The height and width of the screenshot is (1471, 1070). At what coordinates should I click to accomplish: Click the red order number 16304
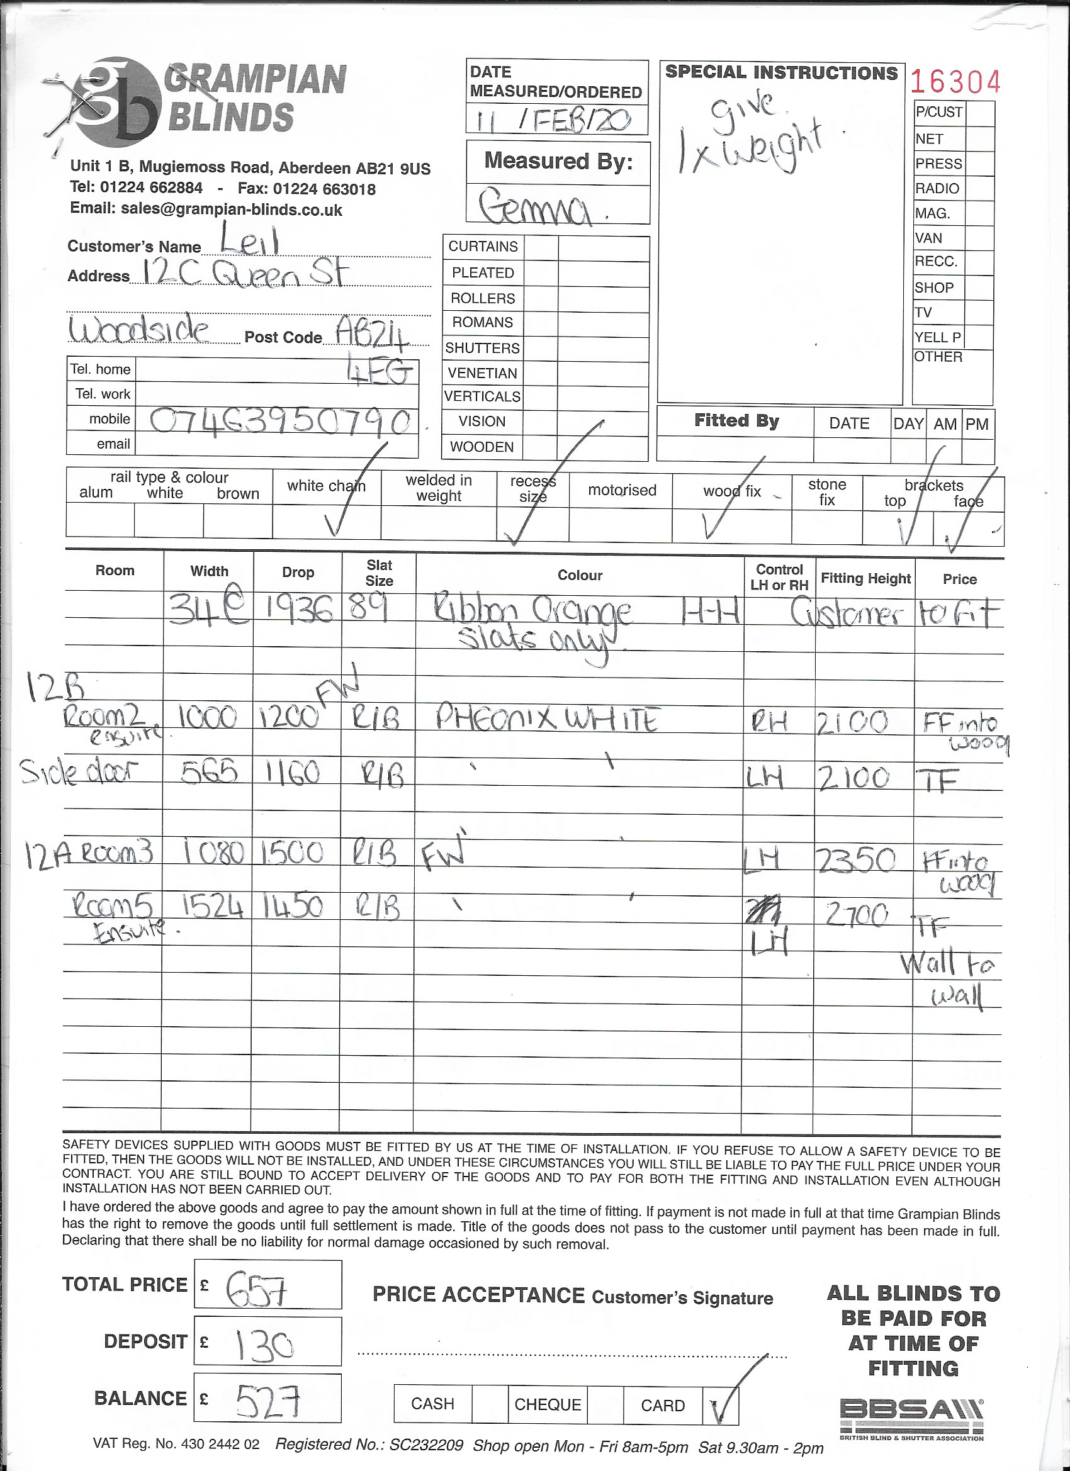click(956, 82)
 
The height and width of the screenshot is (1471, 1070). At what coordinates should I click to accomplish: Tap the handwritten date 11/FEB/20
click(554, 121)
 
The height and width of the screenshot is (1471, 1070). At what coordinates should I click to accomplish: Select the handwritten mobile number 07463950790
click(280, 422)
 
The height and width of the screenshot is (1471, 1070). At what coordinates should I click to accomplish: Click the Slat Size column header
click(379, 573)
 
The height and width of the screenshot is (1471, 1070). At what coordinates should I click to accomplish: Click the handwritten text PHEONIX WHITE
click(548, 719)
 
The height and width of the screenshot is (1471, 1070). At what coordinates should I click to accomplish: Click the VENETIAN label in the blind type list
click(483, 373)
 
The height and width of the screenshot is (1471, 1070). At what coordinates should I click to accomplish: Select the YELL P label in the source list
click(938, 337)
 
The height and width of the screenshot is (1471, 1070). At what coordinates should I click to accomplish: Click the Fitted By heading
click(736, 421)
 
